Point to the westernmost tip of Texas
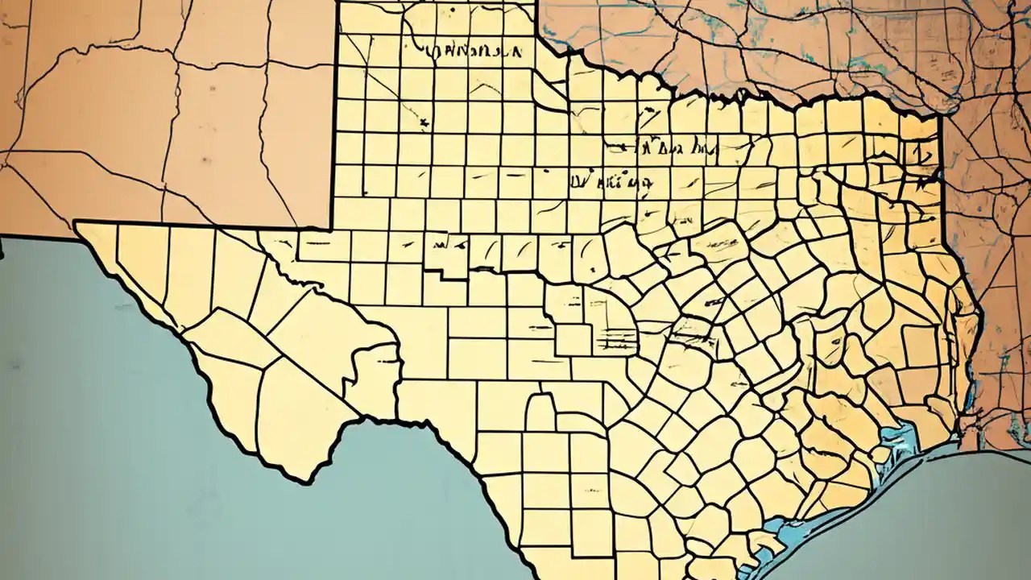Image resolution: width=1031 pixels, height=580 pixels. tap(76, 223)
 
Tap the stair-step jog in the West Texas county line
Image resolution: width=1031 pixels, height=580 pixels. tap(439, 278)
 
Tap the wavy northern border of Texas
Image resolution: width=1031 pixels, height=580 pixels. tap(725, 97)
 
